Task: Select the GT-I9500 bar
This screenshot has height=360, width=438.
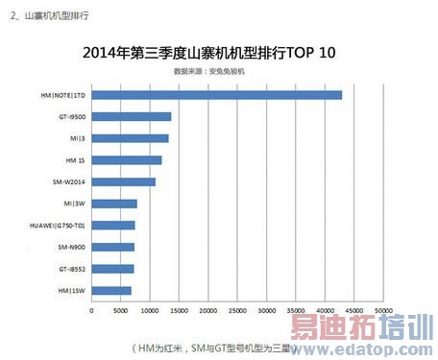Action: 131,116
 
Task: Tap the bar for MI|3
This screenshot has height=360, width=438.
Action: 130,138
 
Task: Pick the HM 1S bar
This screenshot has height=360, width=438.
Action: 126,160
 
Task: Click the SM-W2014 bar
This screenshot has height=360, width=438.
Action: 123,181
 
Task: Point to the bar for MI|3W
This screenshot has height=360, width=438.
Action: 114,204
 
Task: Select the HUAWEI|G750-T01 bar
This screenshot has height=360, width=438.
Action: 113,226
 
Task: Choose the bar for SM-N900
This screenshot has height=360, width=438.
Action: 112,247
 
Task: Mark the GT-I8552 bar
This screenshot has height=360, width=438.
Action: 112,269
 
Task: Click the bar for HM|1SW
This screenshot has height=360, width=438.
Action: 110,290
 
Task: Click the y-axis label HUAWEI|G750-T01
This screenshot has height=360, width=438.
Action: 59,226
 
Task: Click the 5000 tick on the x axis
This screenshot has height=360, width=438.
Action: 120,311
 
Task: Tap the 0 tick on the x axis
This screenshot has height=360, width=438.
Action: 91,311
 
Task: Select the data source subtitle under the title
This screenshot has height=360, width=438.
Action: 208,71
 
